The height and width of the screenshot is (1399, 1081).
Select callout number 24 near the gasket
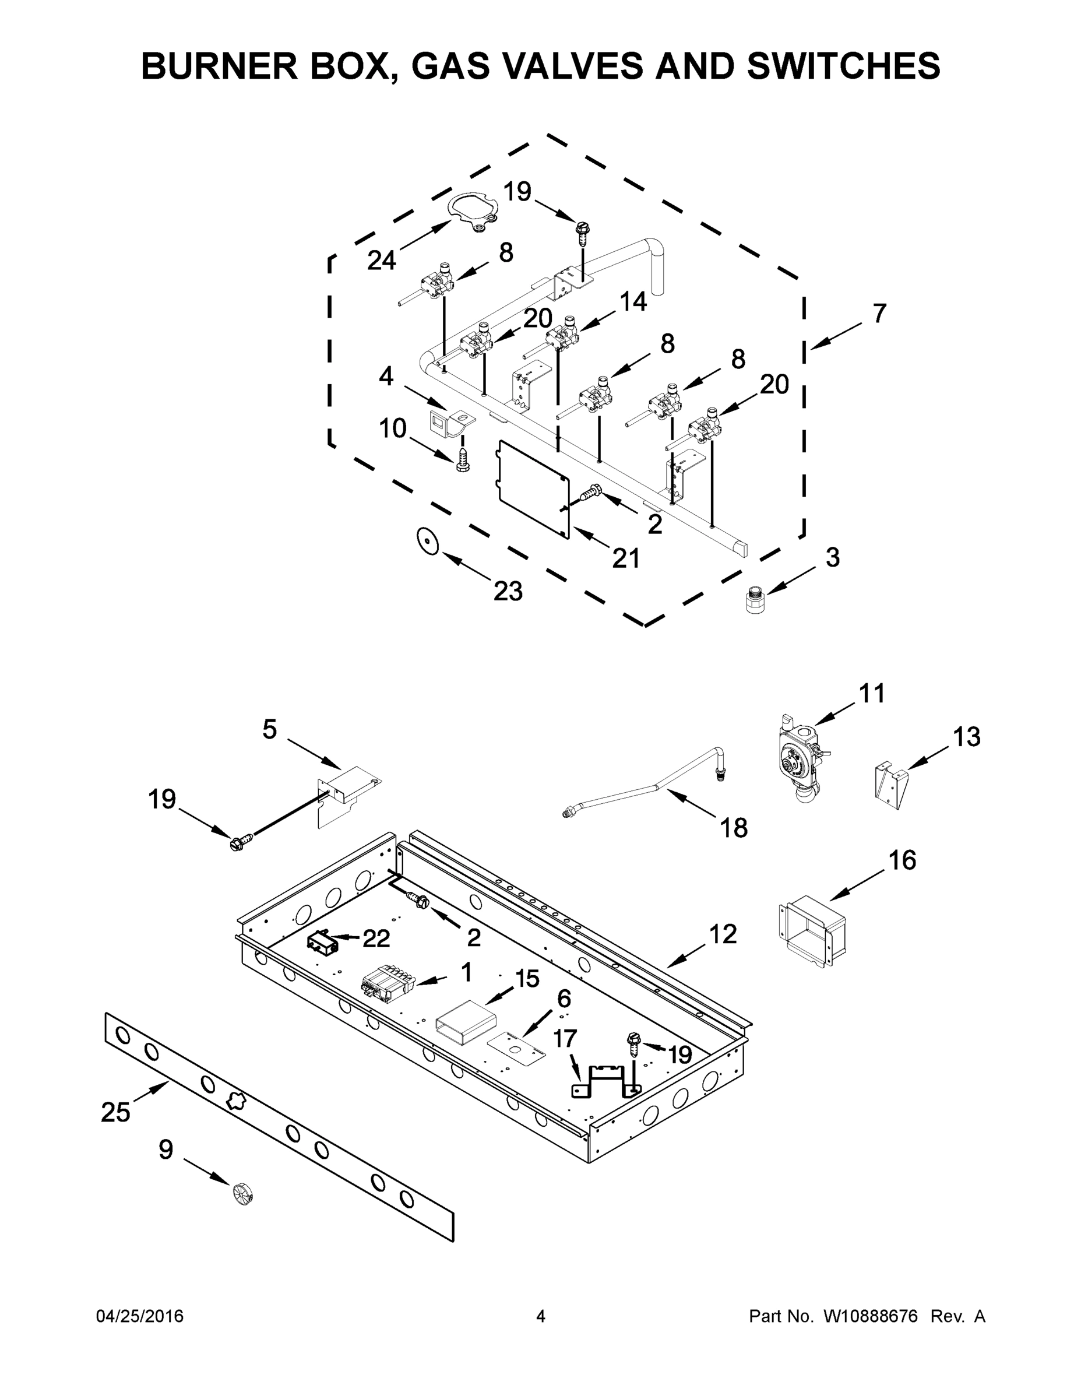[382, 260]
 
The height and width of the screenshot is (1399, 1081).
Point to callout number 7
[879, 314]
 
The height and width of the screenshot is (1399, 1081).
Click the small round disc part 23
[427, 542]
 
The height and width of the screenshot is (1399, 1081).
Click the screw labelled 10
[462, 459]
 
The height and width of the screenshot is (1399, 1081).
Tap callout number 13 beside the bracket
[966, 737]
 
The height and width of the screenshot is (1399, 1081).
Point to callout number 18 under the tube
[734, 828]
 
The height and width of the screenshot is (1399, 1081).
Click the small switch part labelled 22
[322, 944]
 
